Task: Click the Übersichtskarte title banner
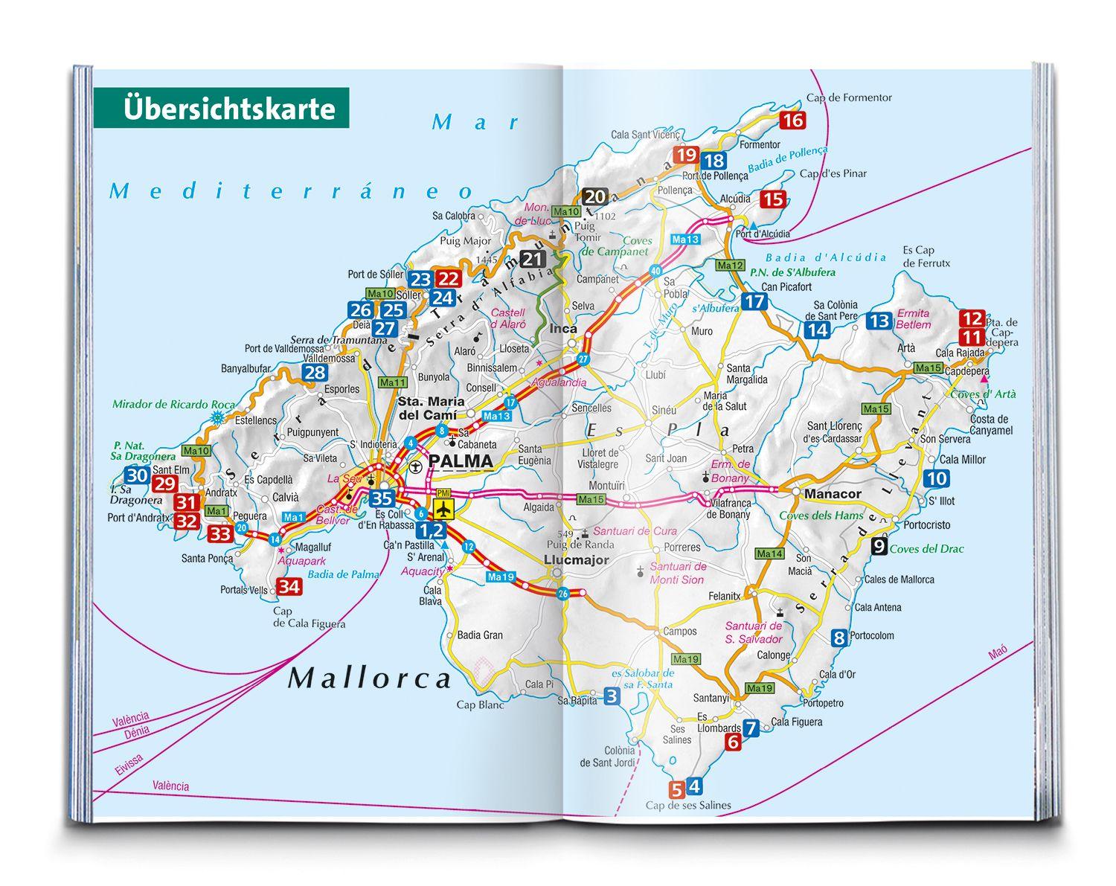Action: pyautogui.click(x=222, y=108)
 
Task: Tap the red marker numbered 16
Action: pyautogui.click(x=793, y=120)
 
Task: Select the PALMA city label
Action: pyautogui.click(x=461, y=461)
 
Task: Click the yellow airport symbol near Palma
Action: pyautogui.click(x=444, y=510)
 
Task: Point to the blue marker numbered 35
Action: pyautogui.click(x=382, y=498)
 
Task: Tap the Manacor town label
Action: pyautogui.click(x=833, y=494)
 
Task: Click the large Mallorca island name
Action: pyautogui.click(x=370, y=678)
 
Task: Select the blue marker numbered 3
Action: pyautogui.click(x=611, y=696)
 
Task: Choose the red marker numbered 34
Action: pyautogui.click(x=289, y=586)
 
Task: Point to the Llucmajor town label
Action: pyautogui.click(x=576, y=560)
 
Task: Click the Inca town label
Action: pyautogui.click(x=563, y=328)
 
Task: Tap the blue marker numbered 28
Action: pyautogui.click(x=314, y=373)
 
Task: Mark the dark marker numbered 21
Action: pyautogui.click(x=533, y=259)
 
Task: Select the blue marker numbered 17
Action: pyautogui.click(x=754, y=301)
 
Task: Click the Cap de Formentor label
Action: pyautogui.click(x=849, y=97)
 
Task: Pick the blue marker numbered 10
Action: pyautogui.click(x=936, y=478)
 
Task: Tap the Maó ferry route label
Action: pyautogui.click(x=997, y=652)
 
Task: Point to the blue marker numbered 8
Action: pyautogui.click(x=839, y=637)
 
